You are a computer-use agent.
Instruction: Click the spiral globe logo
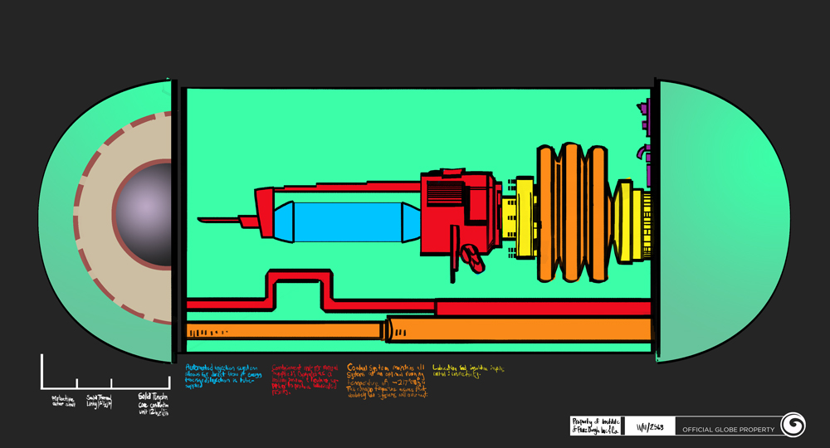(x=793, y=426)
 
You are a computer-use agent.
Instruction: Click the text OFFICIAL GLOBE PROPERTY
(x=728, y=430)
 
